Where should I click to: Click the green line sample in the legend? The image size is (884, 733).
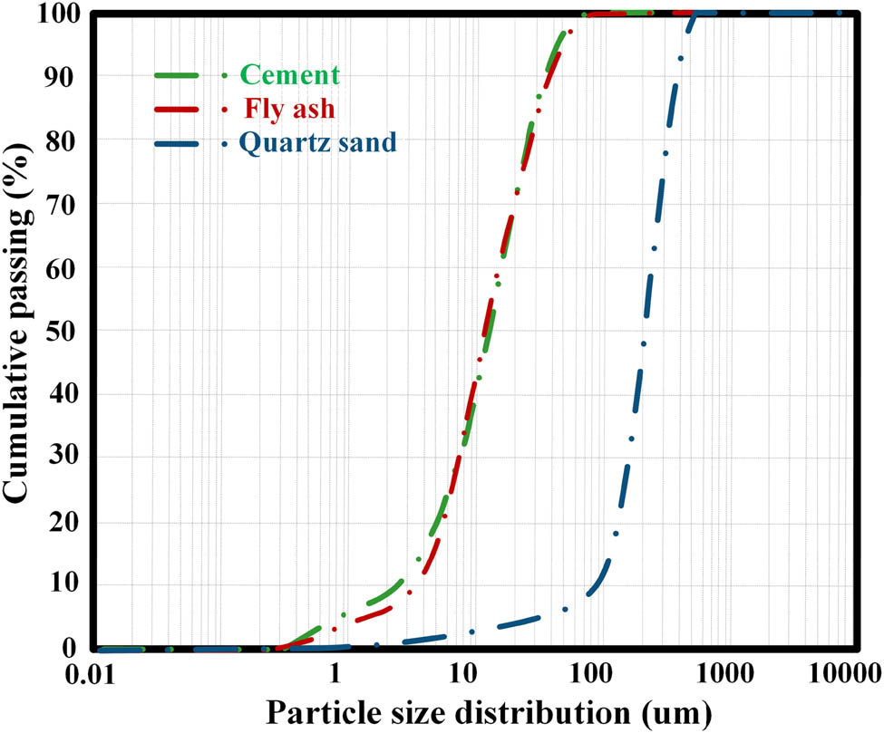pos(187,74)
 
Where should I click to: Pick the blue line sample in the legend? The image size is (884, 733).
pos(187,143)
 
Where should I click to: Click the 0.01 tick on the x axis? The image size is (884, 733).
pos(91,674)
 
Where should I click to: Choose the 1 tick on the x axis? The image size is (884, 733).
pos(335,674)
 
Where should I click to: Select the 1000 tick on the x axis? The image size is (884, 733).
pos(724,674)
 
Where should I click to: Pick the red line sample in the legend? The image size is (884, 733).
pos(187,109)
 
